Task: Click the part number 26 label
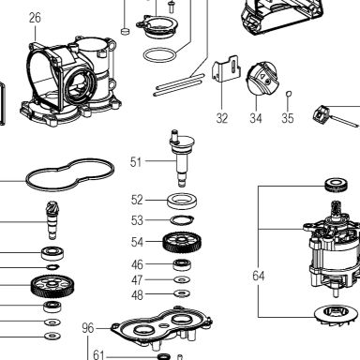[35, 18]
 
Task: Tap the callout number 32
[222, 118]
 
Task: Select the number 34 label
[256, 118]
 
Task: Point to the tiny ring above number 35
[289, 93]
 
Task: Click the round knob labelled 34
[262, 78]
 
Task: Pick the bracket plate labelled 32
[227, 68]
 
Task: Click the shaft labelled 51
[182, 158]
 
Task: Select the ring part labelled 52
[182, 202]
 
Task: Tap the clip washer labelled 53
[182, 220]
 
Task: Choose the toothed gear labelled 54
[182, 242]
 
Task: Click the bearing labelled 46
[182, 264]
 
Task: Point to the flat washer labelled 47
[182, 279]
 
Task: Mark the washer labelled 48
[182, 293]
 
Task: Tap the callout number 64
[259, 276]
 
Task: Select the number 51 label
[136, 162]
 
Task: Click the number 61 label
[98, 354]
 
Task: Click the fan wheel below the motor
[337, 315]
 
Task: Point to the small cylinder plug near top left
[125, 31]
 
